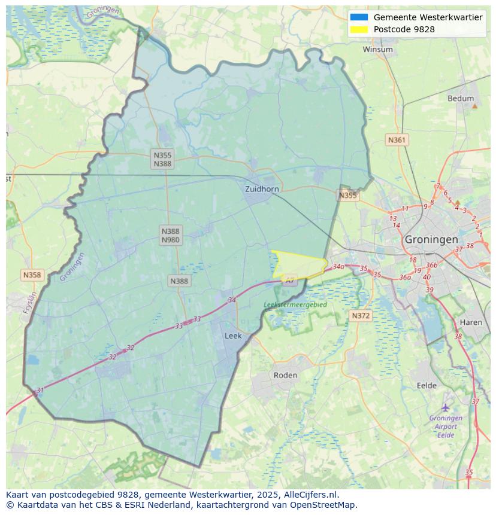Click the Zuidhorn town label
[262, 189]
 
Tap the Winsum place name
[377, 50]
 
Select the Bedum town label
[460, 99]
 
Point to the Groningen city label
[431, 239]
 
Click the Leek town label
[233, 336]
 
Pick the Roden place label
[285, 375]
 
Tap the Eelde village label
[427, 386]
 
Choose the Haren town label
[471, 322]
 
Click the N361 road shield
[397, 140]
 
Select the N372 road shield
[361, 315]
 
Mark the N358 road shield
[32, 275]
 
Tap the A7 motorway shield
[290, 280]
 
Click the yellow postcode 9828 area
[298, 264]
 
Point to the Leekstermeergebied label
[295, 304]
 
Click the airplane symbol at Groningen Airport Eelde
[446, 408]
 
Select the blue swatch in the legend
[359, 17]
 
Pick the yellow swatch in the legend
[359, 29]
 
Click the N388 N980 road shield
[170, 235]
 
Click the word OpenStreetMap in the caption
[325, 505]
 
